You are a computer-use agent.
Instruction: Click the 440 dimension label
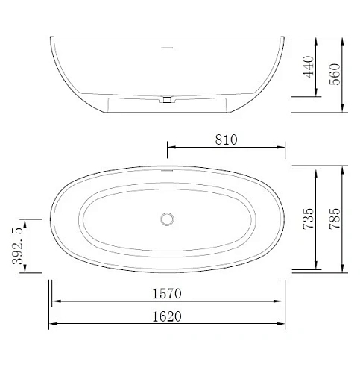[x=309, y=66]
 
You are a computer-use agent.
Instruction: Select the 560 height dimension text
[x=335, y=74]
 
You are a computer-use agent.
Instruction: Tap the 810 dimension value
[x=226, y=140]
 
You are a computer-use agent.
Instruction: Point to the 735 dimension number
[x=309, y=219]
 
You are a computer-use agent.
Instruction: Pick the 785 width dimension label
[x=335, y=219]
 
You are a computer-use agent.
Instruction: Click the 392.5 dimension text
[x=18, y=245]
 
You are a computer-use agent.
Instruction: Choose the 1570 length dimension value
[x=167, y=294]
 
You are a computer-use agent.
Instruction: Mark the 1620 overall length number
[x=167, y=316]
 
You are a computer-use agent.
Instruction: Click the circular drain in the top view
[x=167, y=219]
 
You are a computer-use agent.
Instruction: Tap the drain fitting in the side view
[x=167, y=100]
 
